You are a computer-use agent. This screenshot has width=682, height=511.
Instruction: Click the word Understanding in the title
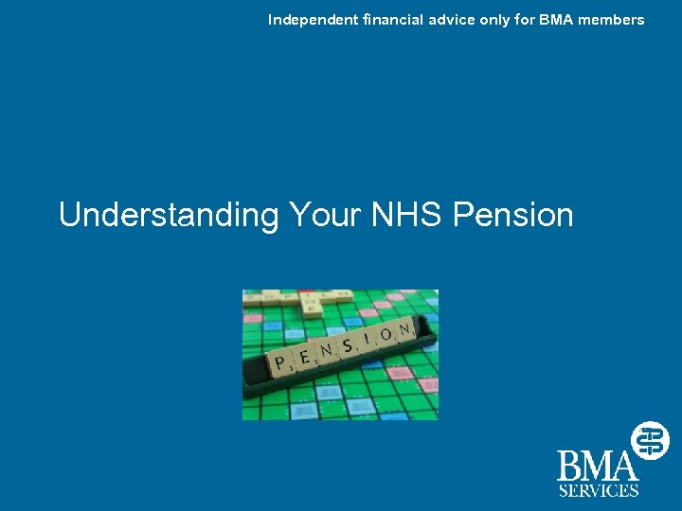(x=166, y=216)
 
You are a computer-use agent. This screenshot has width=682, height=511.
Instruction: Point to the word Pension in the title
(x=513, y=215)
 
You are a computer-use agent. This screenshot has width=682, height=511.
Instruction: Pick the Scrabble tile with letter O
(x=386, y=336)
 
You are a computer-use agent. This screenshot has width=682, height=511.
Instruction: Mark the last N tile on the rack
(x=405, y=329)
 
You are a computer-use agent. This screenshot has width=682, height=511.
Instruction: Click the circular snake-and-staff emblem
(x=651, y=440)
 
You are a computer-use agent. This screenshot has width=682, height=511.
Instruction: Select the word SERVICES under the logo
(x=598, y=490)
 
